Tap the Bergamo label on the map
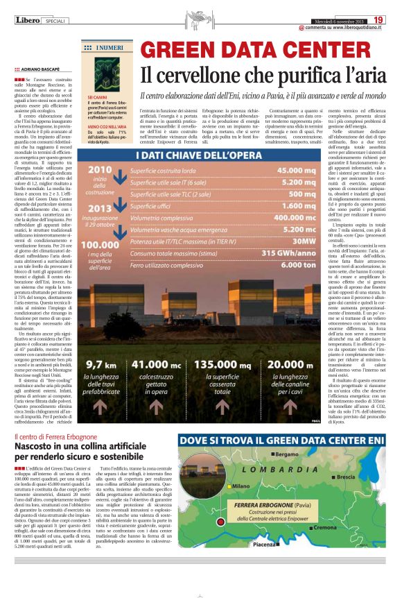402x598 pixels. (x=286, y=473)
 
